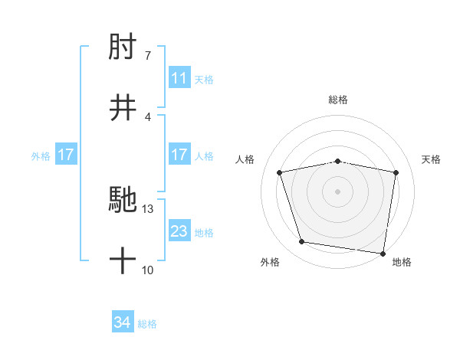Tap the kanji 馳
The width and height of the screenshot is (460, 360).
[123, 200]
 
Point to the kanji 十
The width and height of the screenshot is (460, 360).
[123, 261]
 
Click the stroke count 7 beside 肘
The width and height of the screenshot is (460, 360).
[147, 56]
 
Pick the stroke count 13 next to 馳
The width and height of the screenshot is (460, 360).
[148, 209]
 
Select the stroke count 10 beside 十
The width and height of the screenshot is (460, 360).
[147, 270]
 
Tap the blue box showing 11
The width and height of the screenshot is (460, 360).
[179, 78]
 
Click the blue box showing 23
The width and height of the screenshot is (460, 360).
[179, 231]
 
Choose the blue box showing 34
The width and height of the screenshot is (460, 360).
[123, 323]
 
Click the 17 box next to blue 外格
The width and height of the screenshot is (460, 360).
[65, 155]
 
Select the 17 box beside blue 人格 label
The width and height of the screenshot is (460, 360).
[179, 155]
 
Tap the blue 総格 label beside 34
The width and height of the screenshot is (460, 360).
[147, 324]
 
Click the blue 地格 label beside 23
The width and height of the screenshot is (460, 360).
[204, 232]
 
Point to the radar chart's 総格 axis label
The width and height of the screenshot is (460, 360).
[338, 100]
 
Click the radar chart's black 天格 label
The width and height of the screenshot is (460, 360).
[432, 159]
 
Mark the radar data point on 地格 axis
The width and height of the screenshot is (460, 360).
[383, 253]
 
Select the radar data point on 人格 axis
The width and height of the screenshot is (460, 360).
[280, 172]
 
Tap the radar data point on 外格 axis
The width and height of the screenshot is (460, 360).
[302, 242]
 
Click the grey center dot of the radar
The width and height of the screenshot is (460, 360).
[338, 191]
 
